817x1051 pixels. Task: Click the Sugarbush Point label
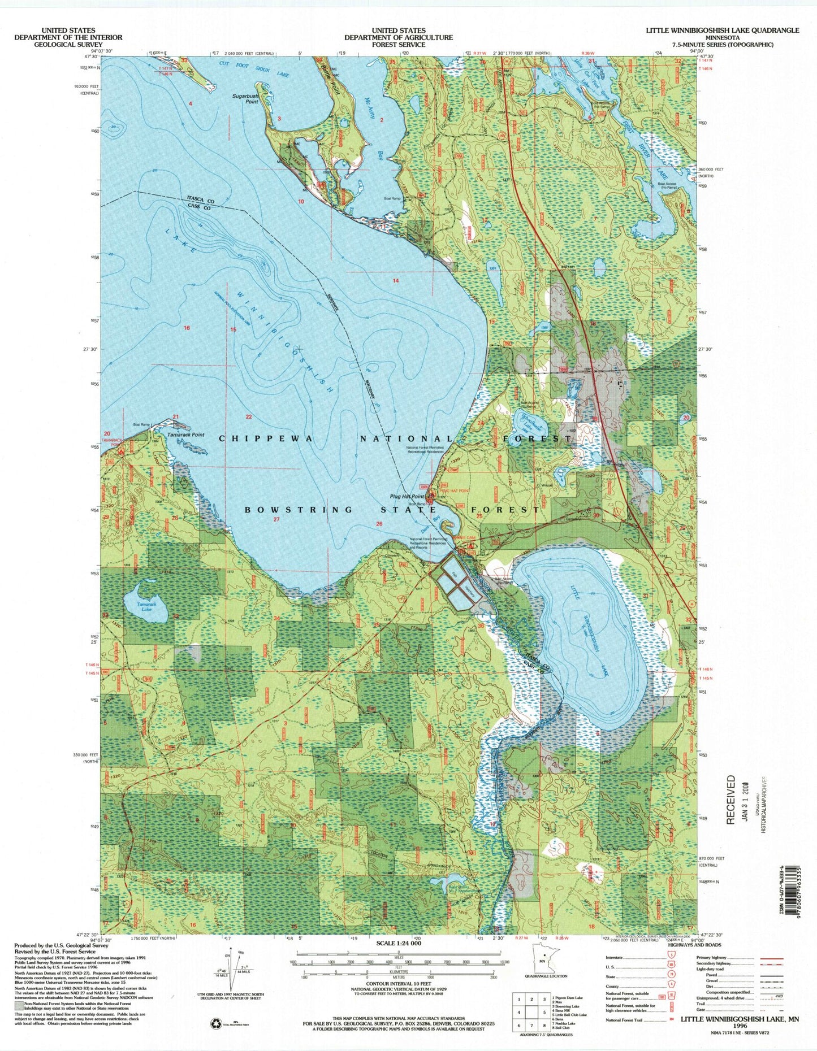(245, 99)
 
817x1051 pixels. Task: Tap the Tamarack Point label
(186, 435)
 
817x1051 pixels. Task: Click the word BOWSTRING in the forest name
(299, 510)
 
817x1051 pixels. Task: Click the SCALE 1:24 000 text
(399, 944)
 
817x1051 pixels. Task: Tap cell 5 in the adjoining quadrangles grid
(543, 1013)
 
